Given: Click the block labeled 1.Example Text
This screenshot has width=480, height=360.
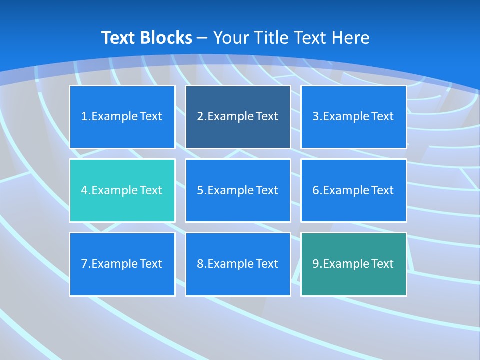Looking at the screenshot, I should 122,117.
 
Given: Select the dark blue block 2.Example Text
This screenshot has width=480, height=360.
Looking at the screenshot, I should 238,117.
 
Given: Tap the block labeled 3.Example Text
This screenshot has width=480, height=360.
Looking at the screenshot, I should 353,117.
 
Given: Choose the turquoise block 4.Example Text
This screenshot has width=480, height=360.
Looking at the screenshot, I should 122,190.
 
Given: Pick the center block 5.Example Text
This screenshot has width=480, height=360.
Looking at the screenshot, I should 238,190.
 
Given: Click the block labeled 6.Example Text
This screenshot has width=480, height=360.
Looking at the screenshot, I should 353,190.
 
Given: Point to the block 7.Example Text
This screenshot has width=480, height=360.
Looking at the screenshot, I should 122,264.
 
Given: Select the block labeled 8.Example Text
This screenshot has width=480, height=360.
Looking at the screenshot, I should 238,264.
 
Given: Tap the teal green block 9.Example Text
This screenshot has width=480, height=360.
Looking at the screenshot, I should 353,264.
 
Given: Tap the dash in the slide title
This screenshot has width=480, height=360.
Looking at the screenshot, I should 202,38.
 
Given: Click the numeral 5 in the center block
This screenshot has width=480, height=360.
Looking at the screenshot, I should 200,190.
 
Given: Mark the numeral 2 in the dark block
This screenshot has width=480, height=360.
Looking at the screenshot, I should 200,117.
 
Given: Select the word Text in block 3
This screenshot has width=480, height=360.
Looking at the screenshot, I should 382,117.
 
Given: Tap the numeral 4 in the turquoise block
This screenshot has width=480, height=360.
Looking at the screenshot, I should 84,190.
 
